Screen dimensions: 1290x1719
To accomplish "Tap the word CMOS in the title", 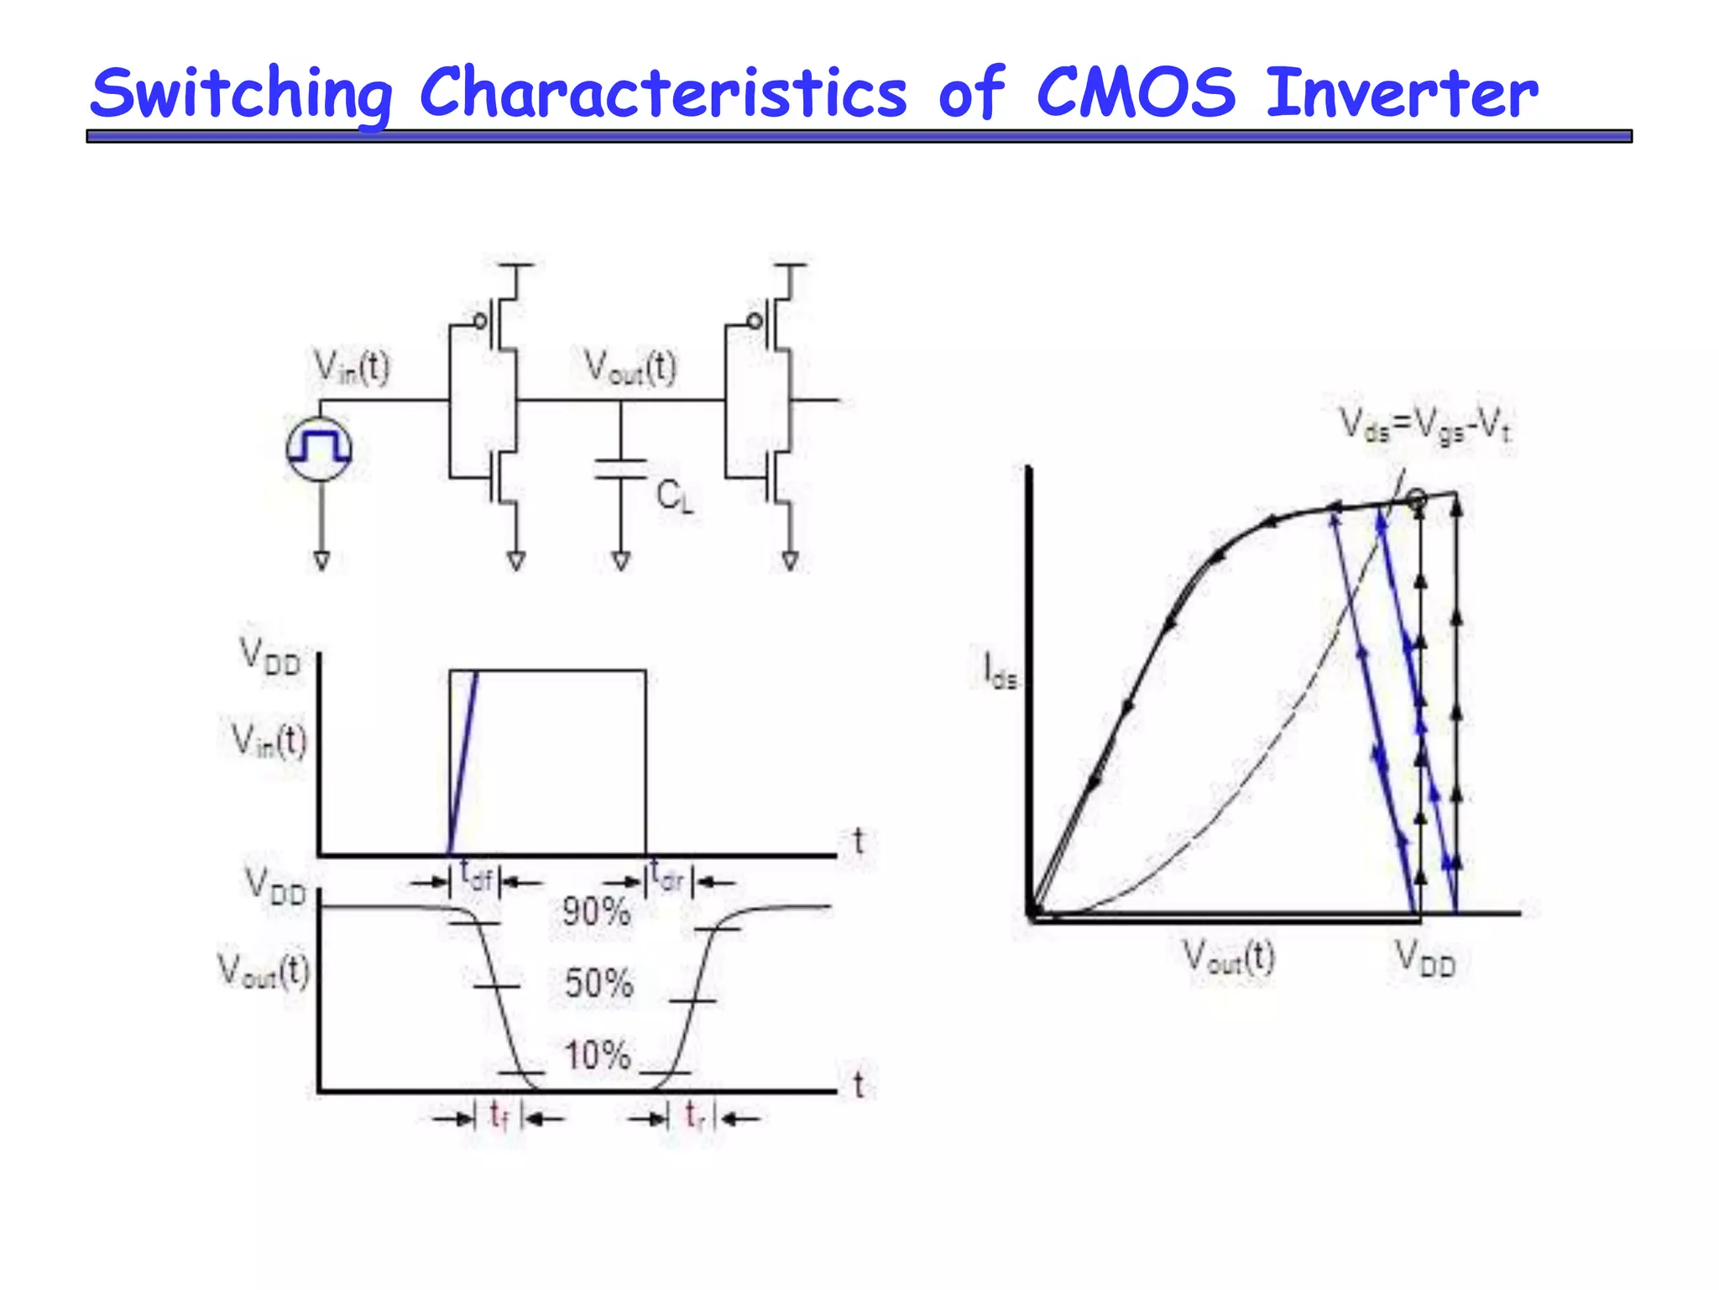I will pos(1136,92).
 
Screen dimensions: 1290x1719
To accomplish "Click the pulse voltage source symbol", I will pos(320,448).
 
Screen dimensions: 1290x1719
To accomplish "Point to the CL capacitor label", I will pos(674,496).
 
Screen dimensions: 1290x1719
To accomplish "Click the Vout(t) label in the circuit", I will pos(630,368).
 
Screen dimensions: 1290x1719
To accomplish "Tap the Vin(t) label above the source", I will pos(352,368).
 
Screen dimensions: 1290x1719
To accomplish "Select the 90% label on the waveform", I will pos(596,911).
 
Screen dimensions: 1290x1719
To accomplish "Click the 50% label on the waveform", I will pos(598,983).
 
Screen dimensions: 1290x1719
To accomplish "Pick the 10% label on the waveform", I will pos(597,1055).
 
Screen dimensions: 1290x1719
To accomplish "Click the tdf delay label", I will pos(476,877).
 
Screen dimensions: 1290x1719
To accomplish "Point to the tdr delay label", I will pos(669,877).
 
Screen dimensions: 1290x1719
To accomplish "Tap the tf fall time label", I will pos(499,1116).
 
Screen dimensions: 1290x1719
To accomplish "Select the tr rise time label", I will pos(694,1116).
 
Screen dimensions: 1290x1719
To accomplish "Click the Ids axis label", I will pos(1000,672).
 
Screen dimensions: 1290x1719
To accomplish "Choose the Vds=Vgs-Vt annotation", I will pos(1424,425).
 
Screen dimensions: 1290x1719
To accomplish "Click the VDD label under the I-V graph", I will pos(1424,959).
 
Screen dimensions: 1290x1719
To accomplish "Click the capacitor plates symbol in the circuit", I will pos(620,469).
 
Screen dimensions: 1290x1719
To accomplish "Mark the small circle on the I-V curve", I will pos(1416,498).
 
